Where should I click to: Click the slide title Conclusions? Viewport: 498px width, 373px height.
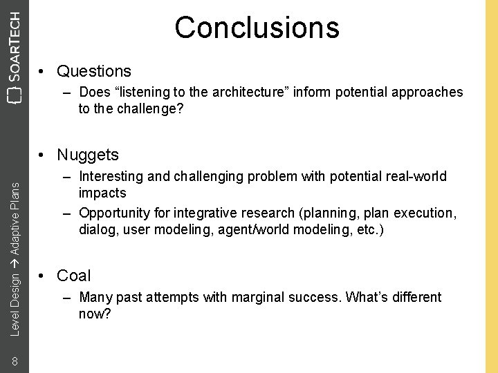[257, 28]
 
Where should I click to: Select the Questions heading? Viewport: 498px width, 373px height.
[93, 71]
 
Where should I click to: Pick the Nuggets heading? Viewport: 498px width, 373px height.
[88, 155]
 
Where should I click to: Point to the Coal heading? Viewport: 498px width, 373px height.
[73, 276]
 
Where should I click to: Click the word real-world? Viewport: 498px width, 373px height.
[416, 176]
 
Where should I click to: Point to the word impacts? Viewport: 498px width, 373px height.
[102, 193]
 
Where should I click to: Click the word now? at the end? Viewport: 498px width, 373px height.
[95, 314]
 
